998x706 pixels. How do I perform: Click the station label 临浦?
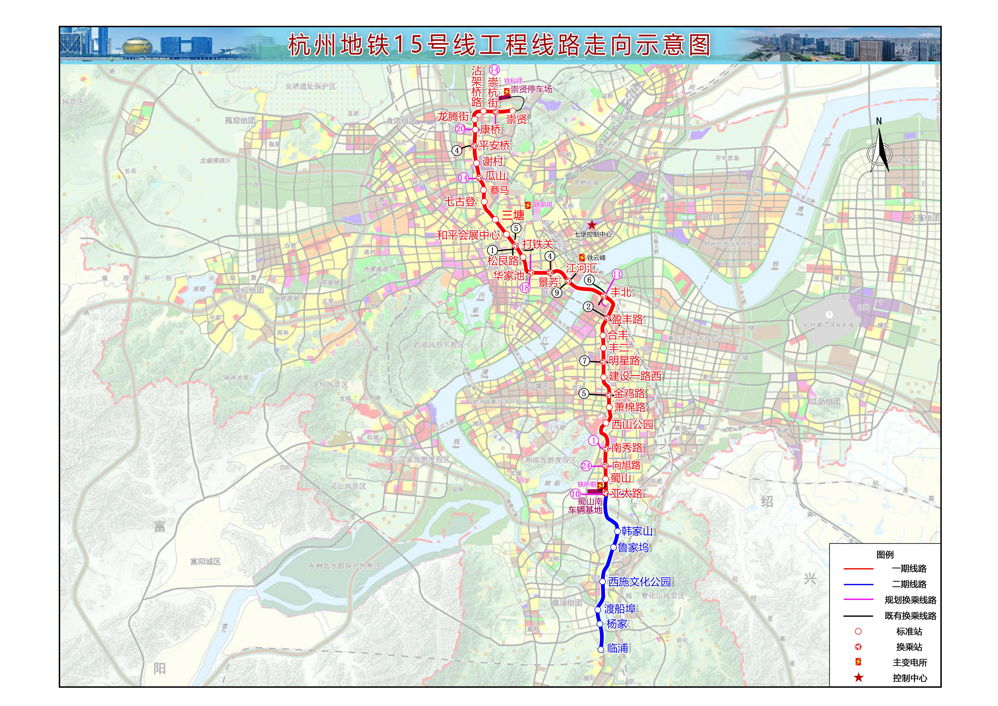pyautogui.click(x=618, y=648)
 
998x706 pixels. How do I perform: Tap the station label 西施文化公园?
pyautogui.click(x=639, y=582)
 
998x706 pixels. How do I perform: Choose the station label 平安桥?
pyautogui.click(x=494, y=145)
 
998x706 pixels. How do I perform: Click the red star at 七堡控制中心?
pyautogui.click(x=592, y=225)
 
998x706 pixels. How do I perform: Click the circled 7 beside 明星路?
pyautogui.click(x=585, y=361)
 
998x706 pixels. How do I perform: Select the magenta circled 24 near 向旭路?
pyautogui.click(x=586, y=466)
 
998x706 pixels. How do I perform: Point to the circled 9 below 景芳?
pyautogui.click(x=557, y=293)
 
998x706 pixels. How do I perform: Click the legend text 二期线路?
pyautogui.click(x=909, y=584)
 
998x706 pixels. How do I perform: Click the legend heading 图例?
pyautogui.click(x=885, y=555)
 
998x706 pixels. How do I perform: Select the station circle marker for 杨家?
pyautogui.click(x=600, y=624)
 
